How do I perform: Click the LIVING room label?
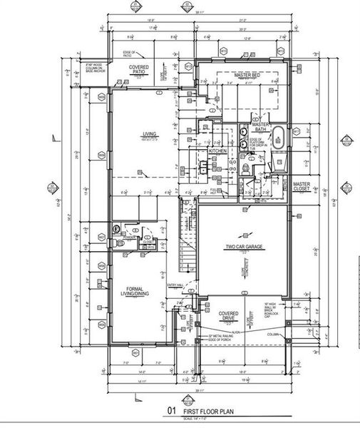[150, 133]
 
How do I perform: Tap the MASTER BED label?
[245, 74]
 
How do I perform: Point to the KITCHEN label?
[217, 151]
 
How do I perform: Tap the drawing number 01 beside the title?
[170, 412]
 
